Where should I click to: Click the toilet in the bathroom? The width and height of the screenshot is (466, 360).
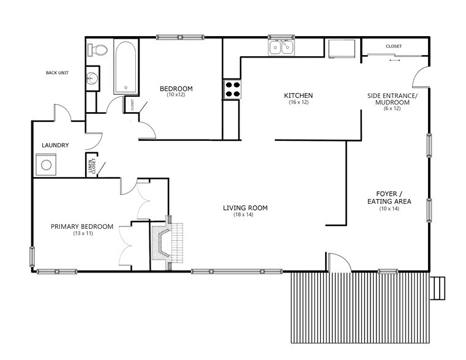97,49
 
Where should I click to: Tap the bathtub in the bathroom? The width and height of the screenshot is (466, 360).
126,67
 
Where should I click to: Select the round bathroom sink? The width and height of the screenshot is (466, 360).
92,78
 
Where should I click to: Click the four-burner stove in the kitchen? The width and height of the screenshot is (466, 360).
231,89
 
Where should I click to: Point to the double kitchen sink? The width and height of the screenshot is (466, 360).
282,47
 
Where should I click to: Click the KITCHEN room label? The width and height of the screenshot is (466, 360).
298,96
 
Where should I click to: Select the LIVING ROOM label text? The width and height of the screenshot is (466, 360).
245,208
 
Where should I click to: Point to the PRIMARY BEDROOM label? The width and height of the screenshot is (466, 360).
82,227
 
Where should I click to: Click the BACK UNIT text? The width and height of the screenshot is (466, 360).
57,73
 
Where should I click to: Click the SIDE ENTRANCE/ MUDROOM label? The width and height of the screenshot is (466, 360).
392,99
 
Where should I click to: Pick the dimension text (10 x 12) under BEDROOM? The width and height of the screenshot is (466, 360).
176,94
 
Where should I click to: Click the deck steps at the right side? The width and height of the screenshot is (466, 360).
438,288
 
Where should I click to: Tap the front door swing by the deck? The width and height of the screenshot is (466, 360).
339,262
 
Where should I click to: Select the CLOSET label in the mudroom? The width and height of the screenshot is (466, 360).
394,47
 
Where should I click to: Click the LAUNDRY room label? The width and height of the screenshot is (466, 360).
55,145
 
